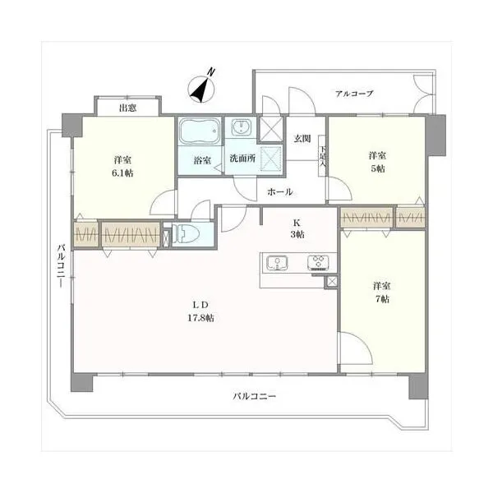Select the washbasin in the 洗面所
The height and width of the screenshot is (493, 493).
[241, 127]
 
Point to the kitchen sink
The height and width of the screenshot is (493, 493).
[277, 263]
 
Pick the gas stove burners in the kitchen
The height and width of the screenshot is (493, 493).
[318, 263]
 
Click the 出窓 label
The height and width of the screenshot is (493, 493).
[127, 108]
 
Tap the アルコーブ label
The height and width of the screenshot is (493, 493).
[354, 94]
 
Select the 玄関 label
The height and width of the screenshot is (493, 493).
[302, 138]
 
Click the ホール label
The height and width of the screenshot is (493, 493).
[280, 191]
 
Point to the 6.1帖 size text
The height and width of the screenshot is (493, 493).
[123, 173]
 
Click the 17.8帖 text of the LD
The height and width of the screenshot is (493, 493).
[201, 318]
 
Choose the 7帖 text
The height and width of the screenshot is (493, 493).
[382, 299]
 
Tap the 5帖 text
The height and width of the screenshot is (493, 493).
[378, 168]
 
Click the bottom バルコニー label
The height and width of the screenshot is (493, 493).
[255, 396]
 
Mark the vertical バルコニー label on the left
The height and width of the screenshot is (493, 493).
[61, 265]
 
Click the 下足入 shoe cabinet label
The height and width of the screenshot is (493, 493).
[323, 156]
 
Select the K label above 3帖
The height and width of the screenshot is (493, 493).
[297, 223]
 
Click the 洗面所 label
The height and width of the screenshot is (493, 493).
[242, 158]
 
